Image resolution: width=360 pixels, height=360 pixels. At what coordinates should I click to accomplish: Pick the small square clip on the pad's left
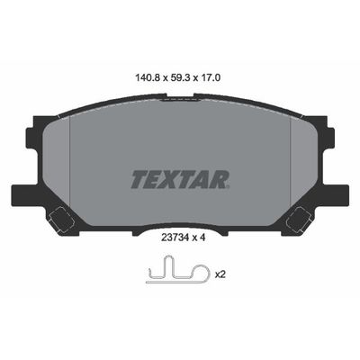61,219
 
